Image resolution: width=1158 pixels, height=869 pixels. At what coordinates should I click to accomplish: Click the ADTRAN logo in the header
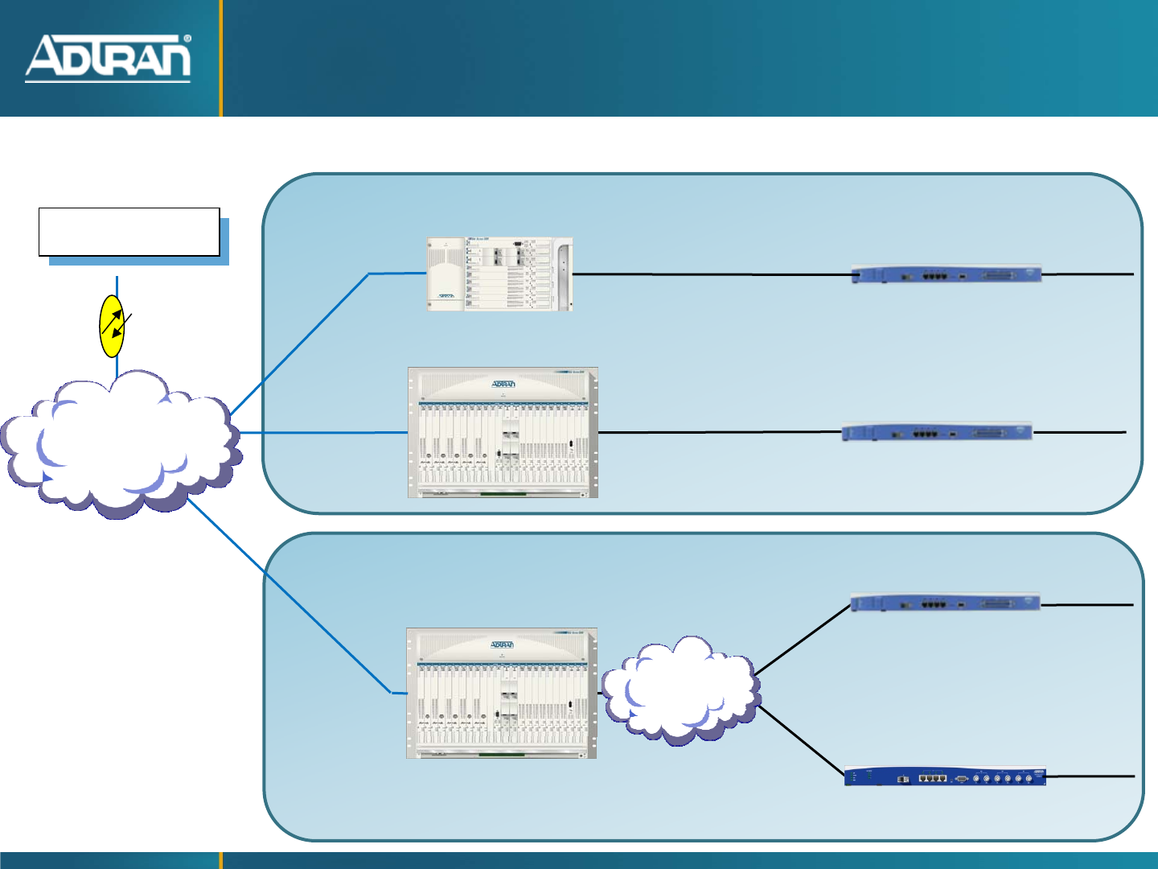pos(108,58)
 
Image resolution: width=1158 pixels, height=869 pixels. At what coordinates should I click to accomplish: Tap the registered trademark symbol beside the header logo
pos(187,38)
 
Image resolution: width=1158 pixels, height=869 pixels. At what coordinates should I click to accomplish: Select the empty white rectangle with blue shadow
pos(129,232)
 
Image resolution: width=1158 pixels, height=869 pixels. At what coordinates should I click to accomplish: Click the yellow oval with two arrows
pos(112,326)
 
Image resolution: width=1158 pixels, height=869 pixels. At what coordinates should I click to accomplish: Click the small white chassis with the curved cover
pos(499,274)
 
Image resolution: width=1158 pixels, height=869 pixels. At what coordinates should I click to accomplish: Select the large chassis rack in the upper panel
pos(503,433)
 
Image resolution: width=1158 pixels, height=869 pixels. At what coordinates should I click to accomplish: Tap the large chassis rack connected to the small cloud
pos(501,693)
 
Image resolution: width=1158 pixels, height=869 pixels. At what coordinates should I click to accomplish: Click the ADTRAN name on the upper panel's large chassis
pos(503,384)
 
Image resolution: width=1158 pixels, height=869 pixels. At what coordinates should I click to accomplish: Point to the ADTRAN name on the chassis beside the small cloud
pos(502,645)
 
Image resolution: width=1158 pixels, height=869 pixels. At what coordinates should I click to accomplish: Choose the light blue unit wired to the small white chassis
pos(947,274)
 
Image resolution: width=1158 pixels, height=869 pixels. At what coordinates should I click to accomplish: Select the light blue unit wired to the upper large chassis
pos(937,432)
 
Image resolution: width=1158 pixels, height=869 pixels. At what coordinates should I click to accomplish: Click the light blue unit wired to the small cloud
pos(945,602)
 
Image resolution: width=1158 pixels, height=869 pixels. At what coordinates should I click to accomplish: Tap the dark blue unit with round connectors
pos(945,776)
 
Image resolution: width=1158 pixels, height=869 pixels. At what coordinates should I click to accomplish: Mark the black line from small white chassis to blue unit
pos(712,274)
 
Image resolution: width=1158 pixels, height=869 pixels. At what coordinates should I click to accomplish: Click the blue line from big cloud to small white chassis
pos(306,338)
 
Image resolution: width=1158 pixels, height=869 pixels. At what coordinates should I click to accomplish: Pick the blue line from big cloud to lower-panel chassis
pos(289,595)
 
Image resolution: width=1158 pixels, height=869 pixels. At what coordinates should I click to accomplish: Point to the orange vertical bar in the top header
pos(221,58)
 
